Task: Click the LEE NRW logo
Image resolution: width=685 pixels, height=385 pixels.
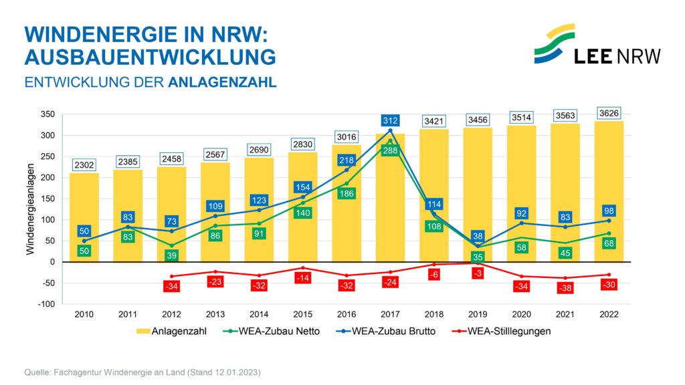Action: click(597, 45)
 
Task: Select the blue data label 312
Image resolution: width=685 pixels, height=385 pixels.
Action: click(390, 120)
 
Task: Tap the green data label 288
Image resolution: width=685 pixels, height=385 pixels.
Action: click(390, 151)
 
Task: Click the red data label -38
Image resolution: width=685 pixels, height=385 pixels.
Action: click(565, 288)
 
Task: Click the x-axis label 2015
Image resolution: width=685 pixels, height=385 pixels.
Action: click(302, 314)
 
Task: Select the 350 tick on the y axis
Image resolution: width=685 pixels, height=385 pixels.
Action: click(47, 115)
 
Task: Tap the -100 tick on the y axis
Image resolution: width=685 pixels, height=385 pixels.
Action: click(46, 304)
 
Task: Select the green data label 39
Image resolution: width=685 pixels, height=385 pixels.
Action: click(172, 256)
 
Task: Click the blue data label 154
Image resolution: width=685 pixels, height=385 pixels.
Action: click(302, 187)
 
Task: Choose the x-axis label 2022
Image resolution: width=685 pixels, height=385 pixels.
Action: click(608, 314)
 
